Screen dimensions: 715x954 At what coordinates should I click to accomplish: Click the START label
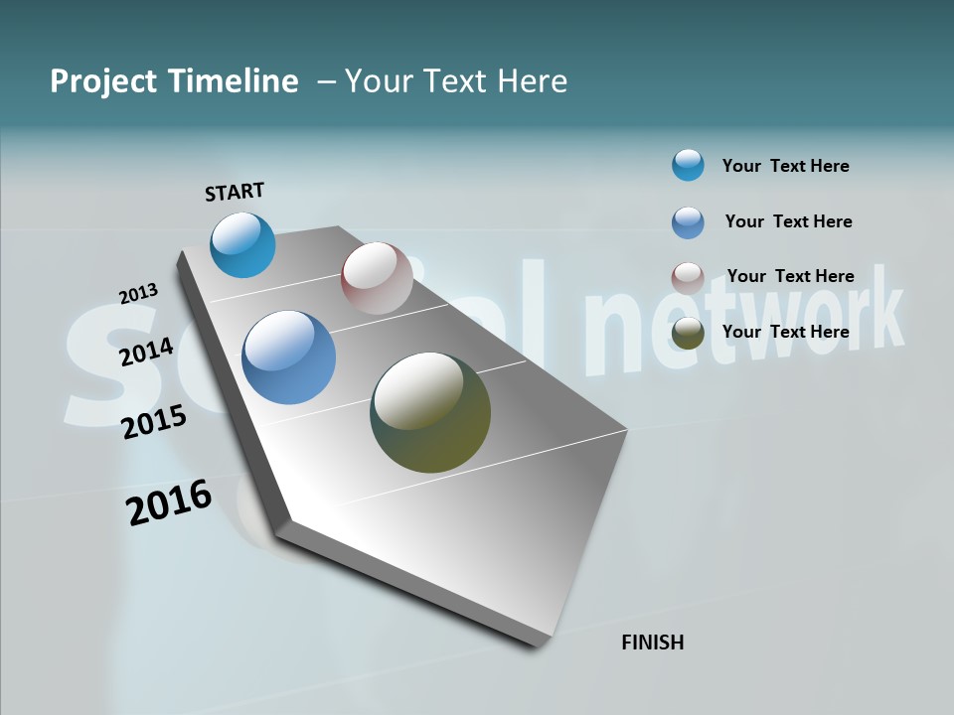click(235, 192)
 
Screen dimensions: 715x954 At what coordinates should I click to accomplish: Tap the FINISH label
click(652, 643)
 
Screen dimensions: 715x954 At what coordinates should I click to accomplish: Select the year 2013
click(138, 294)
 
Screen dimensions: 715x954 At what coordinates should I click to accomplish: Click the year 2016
click(169, 502)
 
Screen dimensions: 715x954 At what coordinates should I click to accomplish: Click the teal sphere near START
click(242, 245)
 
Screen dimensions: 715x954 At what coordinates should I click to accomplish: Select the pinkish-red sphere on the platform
click(377, 278)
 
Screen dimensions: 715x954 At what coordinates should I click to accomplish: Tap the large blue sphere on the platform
click(288, 357)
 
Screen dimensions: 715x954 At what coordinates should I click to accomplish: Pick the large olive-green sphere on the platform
click(430, 412)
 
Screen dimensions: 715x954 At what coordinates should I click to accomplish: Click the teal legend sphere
click(688, 165)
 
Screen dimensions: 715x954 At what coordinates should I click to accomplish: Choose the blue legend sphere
click(688, 222)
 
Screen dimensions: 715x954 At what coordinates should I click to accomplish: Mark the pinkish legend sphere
click(688, 278)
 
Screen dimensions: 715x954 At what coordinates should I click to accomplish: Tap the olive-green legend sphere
click(688, 333)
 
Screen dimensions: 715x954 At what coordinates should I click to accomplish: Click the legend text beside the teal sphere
click(785, 166)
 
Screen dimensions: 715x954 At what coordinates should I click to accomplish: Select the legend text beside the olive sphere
click(785, 332)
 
